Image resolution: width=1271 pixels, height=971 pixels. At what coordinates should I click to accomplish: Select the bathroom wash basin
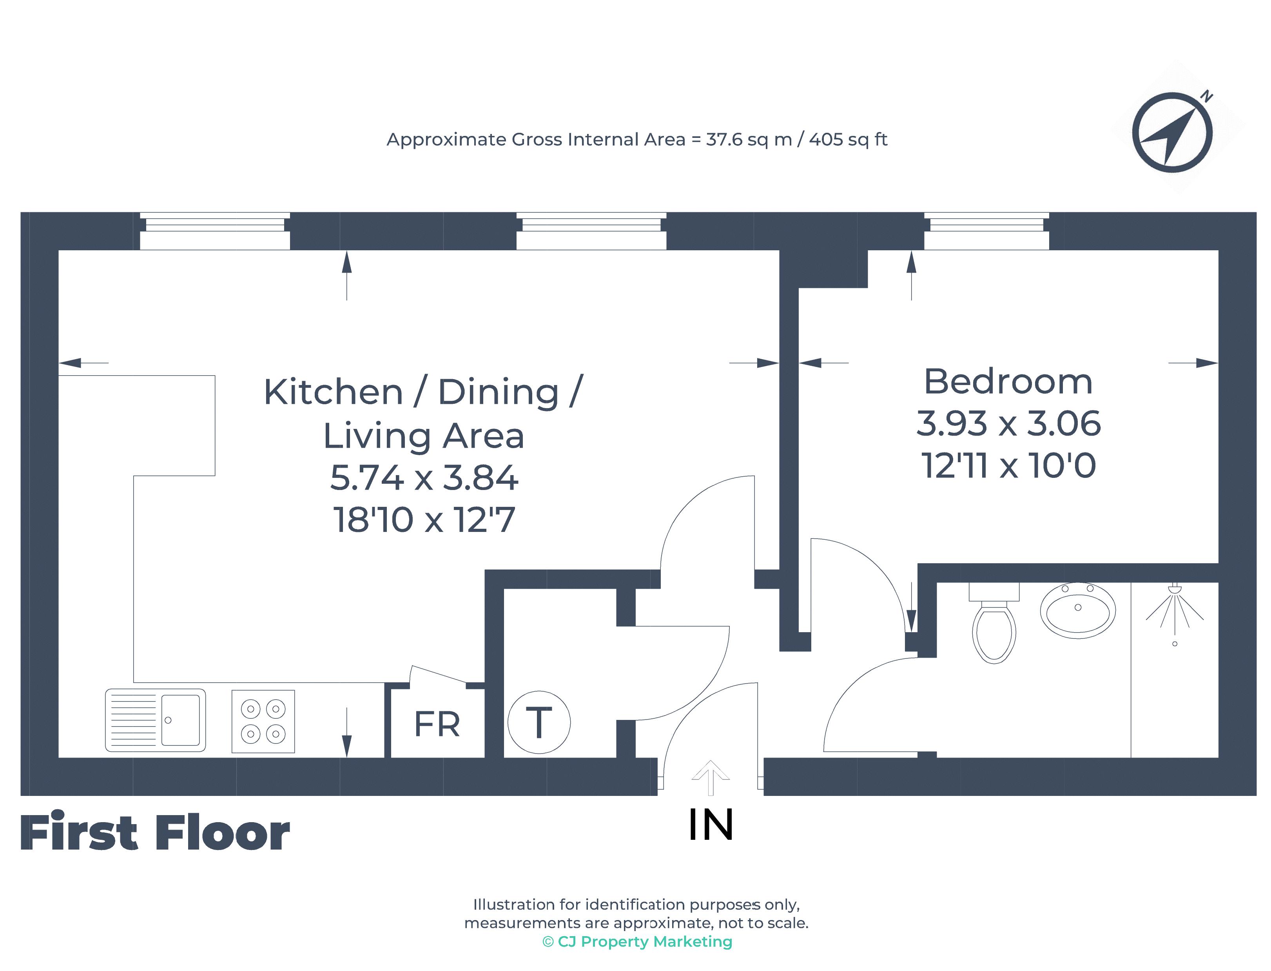[1077, 610]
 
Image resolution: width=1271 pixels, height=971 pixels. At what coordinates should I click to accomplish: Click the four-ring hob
[263, 721]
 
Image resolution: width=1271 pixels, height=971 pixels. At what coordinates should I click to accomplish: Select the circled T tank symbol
[538, 722]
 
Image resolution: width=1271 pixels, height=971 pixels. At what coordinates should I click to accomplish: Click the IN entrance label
[711, 825]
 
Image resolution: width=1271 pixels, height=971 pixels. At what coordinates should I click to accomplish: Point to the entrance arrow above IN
[711, 778]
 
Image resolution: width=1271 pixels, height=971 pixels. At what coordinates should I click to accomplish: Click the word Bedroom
[1008, 382]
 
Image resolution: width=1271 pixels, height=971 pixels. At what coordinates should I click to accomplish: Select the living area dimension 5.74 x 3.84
[424, 477]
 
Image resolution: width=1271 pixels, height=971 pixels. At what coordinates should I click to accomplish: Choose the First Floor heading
[154, 832]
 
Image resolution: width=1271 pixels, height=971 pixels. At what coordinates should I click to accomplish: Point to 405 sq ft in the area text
[848, 140]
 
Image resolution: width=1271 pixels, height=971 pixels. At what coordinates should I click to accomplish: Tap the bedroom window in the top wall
[986, 231]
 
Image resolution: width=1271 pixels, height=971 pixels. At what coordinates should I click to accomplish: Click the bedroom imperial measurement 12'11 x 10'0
[1008, 465]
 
